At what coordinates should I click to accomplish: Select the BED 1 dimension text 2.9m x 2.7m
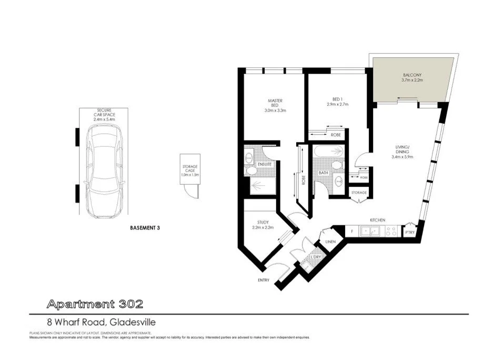[337, 105]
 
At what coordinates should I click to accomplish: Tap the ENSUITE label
[264, 165]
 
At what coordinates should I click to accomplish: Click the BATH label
[324, 173]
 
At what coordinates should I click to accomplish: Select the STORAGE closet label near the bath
[359, 193]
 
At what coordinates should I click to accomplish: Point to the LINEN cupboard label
[331, 242]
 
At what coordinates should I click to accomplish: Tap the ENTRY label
[263, 280]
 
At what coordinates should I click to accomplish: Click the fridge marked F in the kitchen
[351, 231]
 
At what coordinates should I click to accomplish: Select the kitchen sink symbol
[372, 231]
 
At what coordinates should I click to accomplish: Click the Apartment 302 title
[94, 304]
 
